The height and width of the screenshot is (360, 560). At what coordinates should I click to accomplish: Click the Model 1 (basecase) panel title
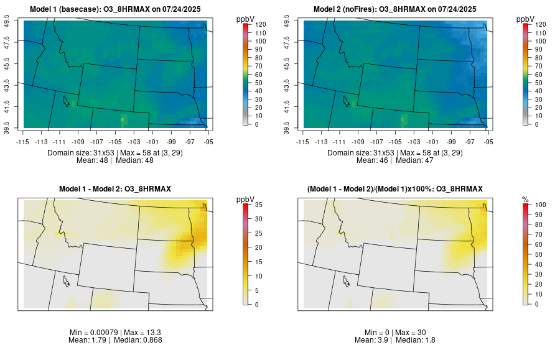(x=118, y=9)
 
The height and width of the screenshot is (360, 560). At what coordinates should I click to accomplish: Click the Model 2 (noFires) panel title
(x=398, y=9)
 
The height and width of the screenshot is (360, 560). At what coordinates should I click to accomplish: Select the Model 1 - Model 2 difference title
(x=118, y=188)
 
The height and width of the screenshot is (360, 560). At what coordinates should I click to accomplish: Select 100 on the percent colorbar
(x=541, y=204)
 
